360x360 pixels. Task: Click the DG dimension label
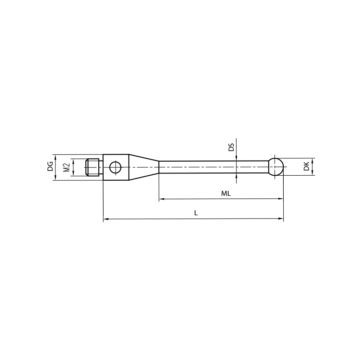[x=50, y=166]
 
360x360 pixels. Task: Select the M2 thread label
[x=66, y=167]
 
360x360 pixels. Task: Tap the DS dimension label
[x=231, y=147]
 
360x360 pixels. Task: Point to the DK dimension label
[x=306, y=166]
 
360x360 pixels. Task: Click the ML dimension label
[x=226, y=193]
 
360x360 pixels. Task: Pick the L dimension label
[x=196, y=213]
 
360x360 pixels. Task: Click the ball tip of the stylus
[x=276, y=167]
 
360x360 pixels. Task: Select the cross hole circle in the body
[x=116, y=167]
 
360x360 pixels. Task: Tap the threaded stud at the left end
[x=93, y=167]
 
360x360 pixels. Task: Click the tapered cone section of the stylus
[x=144, y=167]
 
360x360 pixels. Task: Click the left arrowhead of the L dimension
[x=105, y=219]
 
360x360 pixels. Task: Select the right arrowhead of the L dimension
[x=281, y=219]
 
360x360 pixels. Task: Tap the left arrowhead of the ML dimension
[x=161, y=199]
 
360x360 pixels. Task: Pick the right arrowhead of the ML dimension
[x=281, y=199]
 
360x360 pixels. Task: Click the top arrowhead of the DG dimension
[x=55, y=156]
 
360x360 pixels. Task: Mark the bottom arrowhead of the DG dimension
[x=55, y=178]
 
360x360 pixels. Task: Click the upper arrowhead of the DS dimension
[x=236, y=158]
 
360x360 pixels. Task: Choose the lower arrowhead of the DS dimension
[x=236, y=176]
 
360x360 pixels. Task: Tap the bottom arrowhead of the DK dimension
[x=312, y=173]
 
